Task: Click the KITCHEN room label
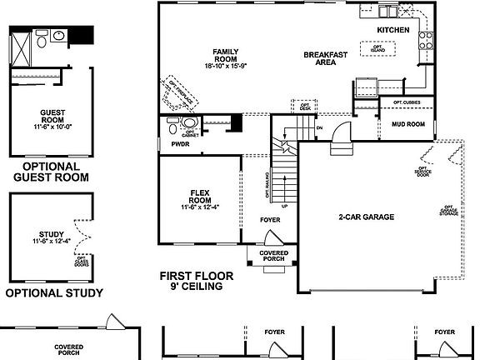pyautogui.click(x=393, y=30)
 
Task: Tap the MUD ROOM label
pyautogui.click(x=408, y=124)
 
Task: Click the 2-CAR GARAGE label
pyautogui.click(x=366, y=217)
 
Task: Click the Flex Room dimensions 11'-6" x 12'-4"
pyautogui.click(x=199, y=207)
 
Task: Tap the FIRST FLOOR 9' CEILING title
pyautogui.click(x=197, y=281)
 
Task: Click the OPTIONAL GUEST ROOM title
pyautogui.click(x=54, y=171)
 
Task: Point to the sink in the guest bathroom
pyautogui.click(x=57, y=37)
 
